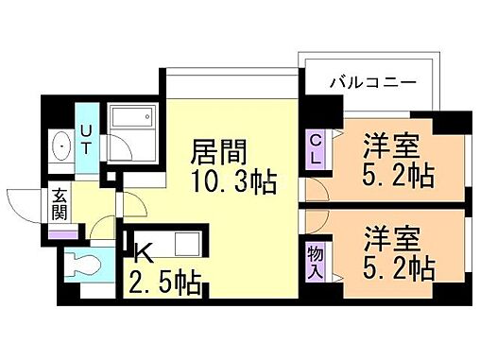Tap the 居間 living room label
pos(218,151)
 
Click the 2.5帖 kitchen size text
pos(165,282)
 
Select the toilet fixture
pos(86,262)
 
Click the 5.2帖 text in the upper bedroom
pos(397,177)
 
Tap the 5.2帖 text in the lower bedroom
pos(397,268)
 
